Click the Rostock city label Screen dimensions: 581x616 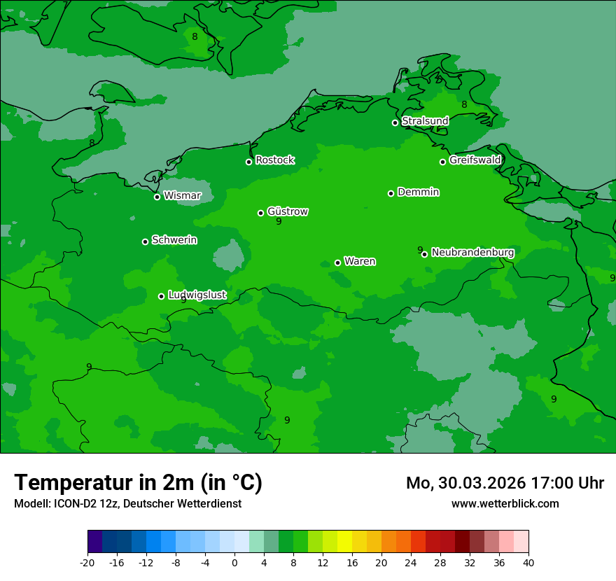tap(274, 160)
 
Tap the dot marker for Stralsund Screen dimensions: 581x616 tap(395, 122)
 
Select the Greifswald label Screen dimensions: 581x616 tap(475, 160)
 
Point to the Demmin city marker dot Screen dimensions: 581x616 tap(391, 193)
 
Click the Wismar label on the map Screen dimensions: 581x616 tap(182, 196)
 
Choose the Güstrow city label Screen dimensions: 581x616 tap(288, 211)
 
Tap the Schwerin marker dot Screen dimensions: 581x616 tap(145, 241)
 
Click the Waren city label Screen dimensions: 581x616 tap(360, 261)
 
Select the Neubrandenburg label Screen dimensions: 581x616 tap(472, 252)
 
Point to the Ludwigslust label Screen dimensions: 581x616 tap(197, 295)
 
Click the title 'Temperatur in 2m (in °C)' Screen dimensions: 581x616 tap(138, 482)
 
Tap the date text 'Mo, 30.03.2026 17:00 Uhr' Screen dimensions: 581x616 tap(505, 483)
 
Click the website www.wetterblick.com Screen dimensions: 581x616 tap(505, 503)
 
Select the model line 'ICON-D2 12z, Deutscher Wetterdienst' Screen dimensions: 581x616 tap(127, 503)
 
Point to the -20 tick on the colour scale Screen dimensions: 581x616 tap(87, 563)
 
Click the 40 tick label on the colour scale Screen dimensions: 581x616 tap(528, 563)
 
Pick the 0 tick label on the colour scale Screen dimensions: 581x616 tap(234, 563)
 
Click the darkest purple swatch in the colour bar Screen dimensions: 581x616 tap(94, 542)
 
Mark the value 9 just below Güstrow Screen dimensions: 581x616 tap(279, 222)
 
